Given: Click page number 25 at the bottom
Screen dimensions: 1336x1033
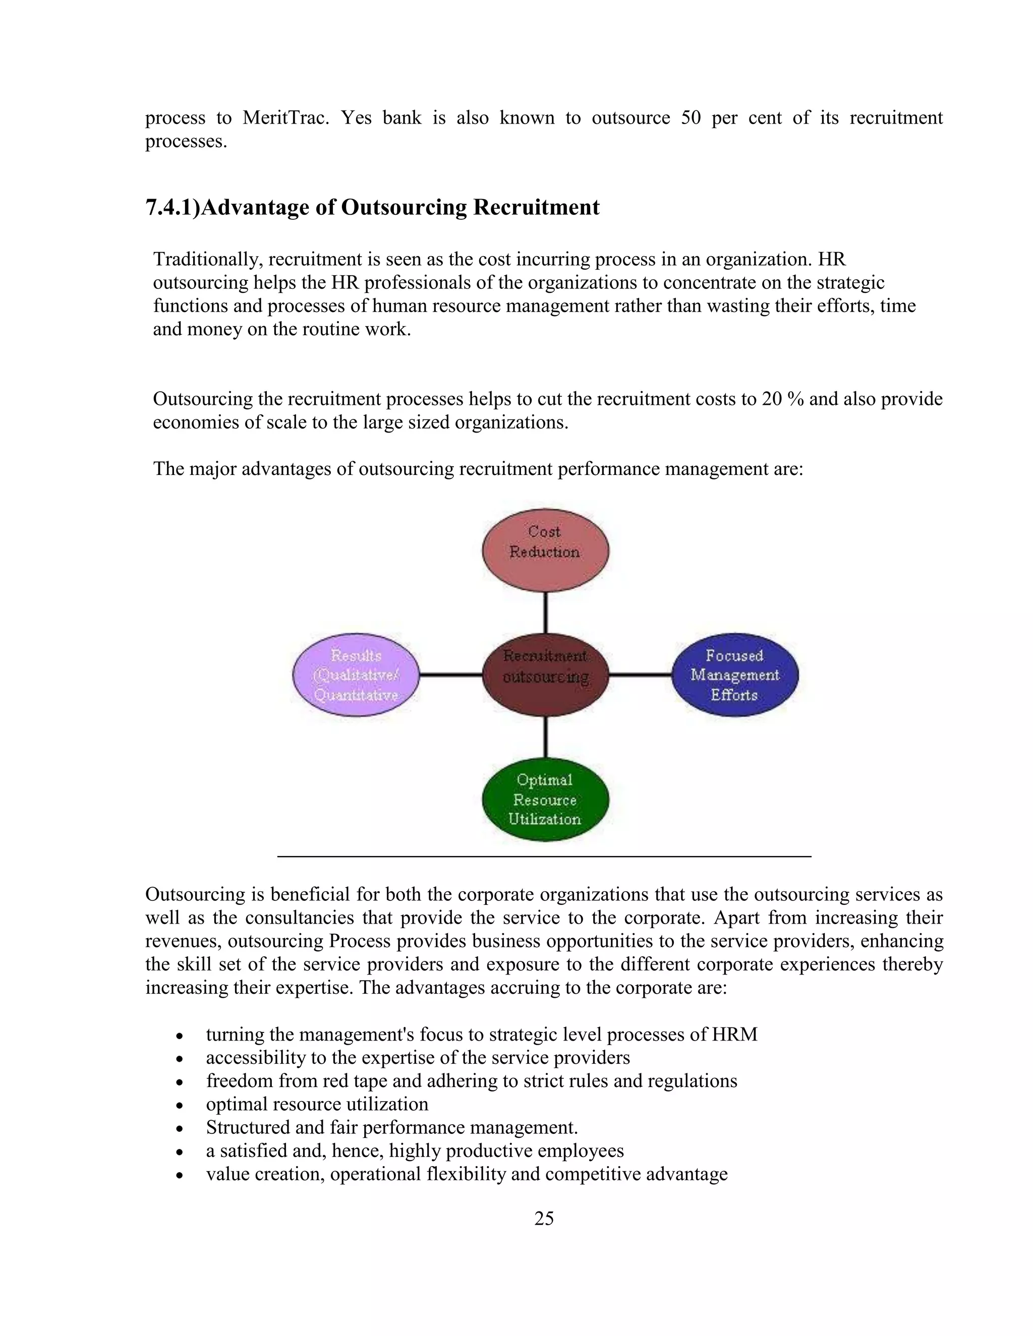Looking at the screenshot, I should [x=544, y=1219].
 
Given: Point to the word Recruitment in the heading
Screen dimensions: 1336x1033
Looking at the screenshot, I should [x=536, y=207].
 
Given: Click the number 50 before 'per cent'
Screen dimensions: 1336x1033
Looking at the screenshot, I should [x=691, y=117].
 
